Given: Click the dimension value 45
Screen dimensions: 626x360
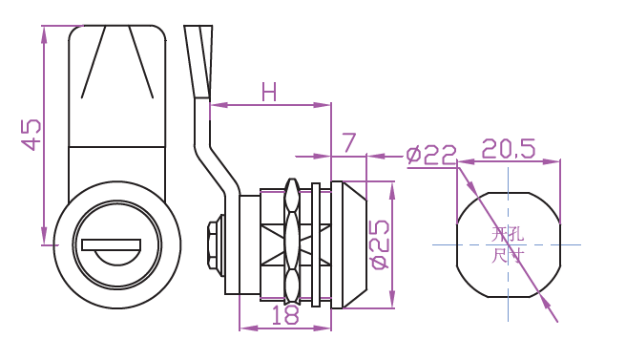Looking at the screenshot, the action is click(31, 135).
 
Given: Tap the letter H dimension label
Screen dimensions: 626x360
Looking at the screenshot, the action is click(269, 92).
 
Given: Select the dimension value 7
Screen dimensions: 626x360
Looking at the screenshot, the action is click(348, 143).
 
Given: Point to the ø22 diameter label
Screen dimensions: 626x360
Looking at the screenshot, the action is click(431, 155).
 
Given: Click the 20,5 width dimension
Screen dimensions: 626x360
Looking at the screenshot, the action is click(509, 149).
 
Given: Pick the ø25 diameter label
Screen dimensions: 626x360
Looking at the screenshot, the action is click(380, 244).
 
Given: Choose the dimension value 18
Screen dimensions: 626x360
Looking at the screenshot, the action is click(285, 314).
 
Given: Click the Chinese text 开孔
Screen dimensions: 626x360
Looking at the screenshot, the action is click(508, 234).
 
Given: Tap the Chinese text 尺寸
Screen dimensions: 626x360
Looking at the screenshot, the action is click(507, 256).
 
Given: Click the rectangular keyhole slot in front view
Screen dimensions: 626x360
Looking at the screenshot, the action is click(111, 244).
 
